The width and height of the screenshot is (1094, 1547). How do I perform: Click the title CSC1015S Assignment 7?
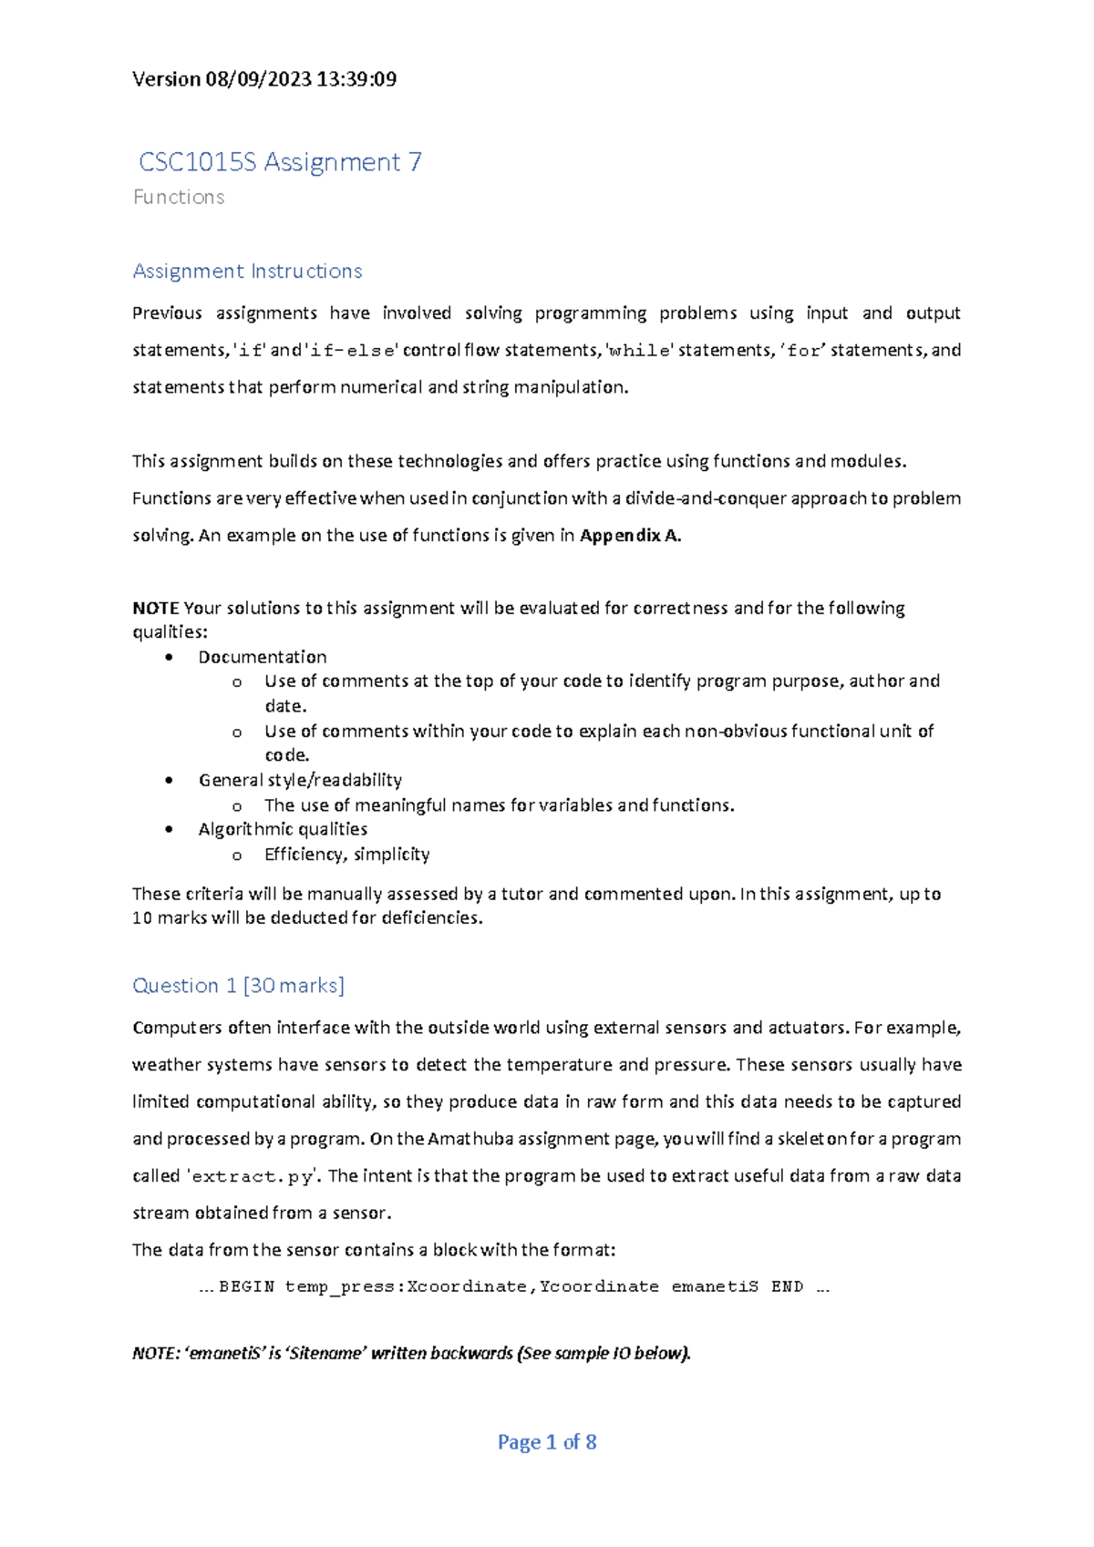[x=280, y=162]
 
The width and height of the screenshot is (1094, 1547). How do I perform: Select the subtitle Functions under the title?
[x=179, y=197]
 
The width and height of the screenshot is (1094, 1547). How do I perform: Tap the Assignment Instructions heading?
[x=247, y=271]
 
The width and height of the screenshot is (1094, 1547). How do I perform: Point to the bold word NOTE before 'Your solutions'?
[x=155, y=608]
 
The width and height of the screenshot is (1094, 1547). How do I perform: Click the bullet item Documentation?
[x=263, y=657]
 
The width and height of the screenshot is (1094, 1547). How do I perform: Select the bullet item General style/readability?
[x=300, y=780]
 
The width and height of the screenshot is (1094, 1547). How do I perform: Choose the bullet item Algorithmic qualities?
[x=283, y=829]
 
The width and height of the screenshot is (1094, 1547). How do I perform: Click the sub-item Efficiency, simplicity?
[x=346, y=854]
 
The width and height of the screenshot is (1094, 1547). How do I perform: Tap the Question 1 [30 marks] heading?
[x=238, y=985]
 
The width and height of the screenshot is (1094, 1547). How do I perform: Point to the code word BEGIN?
[x=246, y=1286]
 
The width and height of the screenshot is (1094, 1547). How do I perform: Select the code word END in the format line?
[x=787, y=1286]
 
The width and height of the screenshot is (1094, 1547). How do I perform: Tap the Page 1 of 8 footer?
[x=547, y=1441]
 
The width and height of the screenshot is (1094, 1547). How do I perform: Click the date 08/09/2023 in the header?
[x=259, y=79]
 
